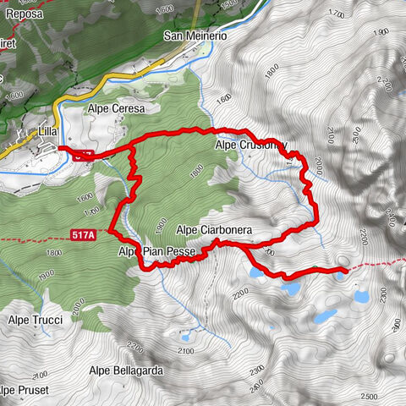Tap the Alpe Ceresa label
click(x=117, y=109)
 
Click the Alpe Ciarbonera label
click(x=216, y=230)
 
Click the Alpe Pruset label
click(x=25, y=390)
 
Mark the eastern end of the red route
click(x=343, y=271)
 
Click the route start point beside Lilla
click(x=61, y=149)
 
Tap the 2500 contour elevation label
click(x=368, y=396)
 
